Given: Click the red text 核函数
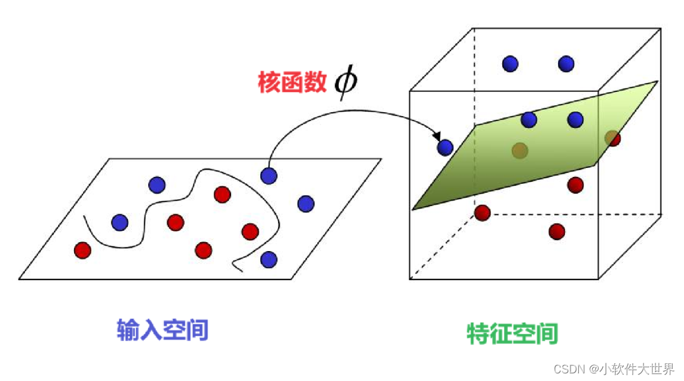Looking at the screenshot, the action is click(292, 83).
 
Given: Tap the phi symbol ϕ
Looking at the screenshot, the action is click(346, 83).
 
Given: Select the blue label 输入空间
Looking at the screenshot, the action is click(163, 330).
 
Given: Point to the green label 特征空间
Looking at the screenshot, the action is click(512, 333).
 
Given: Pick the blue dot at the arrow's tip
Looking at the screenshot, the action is click(445, 148).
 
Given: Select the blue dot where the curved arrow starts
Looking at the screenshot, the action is click(269, 175).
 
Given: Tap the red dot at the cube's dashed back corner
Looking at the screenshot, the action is click(483, 212).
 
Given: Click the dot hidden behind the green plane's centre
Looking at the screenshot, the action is click(519, 150).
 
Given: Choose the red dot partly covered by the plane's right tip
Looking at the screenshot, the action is click(612, 138).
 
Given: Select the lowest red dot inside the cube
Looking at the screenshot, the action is click(557, 231).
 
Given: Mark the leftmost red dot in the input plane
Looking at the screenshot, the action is click(82, 250).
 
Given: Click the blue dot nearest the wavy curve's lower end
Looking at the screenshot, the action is click(269, 259).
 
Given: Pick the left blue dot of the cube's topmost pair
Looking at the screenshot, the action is click(510, 63).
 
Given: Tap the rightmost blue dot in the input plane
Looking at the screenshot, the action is click(305, 203).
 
